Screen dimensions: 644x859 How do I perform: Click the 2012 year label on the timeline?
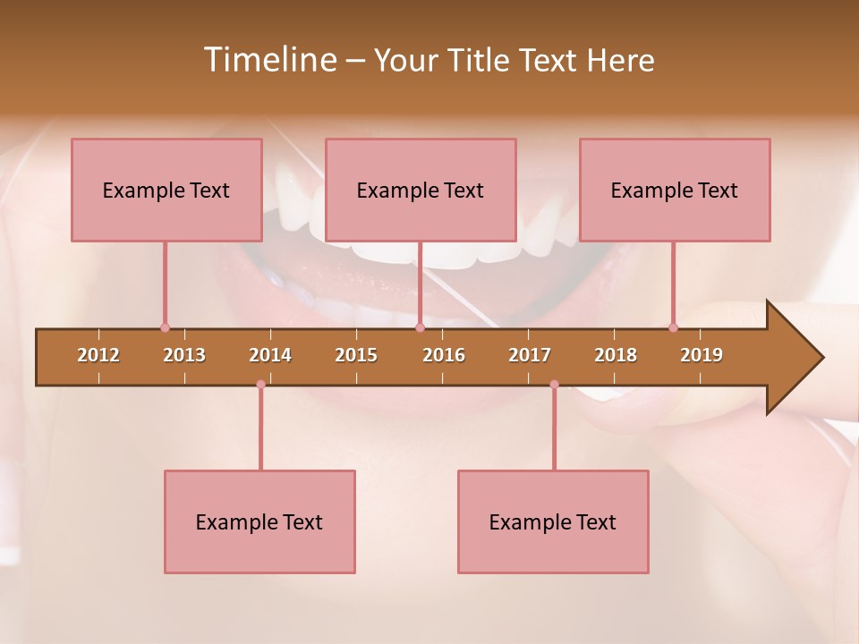click(98, 355)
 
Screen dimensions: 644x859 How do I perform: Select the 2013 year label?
click(184, 355)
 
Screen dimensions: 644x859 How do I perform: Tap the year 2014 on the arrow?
click(270, 355)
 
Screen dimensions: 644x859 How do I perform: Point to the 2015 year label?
click(356, 355)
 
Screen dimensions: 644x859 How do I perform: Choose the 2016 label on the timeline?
click(444, 355)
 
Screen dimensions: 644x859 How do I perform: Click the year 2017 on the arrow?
click(530, 355)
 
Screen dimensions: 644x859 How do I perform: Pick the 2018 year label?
click(616, 355)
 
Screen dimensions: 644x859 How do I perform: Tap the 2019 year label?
click(702, 355)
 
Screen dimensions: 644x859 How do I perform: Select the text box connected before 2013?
click(166, 190)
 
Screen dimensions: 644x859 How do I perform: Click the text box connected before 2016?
click(421, 190)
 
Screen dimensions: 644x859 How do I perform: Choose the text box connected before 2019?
click(675, 190)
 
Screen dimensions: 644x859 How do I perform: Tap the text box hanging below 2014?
click(259, 521)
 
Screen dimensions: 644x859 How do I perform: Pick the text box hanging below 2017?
click(553, 521)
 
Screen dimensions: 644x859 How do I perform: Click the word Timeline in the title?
click(268, 60)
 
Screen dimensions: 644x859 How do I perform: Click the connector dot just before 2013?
click(165, 327)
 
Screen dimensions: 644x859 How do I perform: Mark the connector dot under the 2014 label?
click(260, 385)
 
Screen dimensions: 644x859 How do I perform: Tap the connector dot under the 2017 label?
click(554, 385)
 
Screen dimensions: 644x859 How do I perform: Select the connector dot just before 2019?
click(674, 327)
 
